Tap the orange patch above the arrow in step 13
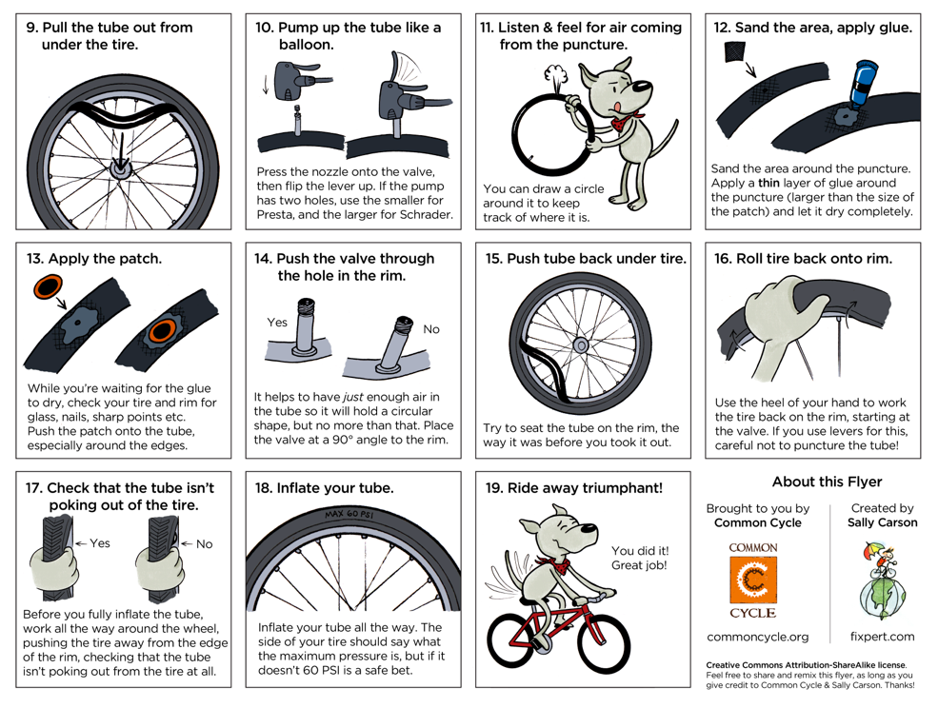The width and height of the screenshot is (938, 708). pyautogui.click(x=49, y=288)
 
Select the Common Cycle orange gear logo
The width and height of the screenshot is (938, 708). pyautogui.click(x=753, y=580)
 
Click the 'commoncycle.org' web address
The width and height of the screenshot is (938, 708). pyautogui.click(x=757, y=637)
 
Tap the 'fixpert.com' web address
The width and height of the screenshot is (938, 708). pyautogui.click(x=883, y=637)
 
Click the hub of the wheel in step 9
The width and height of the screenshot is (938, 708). pyautogui.click(x=120, y=169)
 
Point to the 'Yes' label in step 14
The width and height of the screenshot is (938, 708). pyautogui.click(x=277, y=323)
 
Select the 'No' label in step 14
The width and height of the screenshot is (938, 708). pyautogui.click(x=430, y=329)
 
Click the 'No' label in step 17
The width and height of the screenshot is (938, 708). pyautogui.click(x=204, y=544)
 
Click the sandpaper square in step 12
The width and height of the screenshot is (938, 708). pyautogui.click(x=734, y=51)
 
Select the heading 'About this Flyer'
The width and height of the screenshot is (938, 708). pyautogui.click(x=827, y=482)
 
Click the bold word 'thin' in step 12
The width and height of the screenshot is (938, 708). pyautogui.click(x=768, y=183)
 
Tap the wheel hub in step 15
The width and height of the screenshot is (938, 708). pyautogui.click(x=580, y=345)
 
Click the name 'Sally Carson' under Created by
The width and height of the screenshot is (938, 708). pyautogui.click(x=883, y=522)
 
